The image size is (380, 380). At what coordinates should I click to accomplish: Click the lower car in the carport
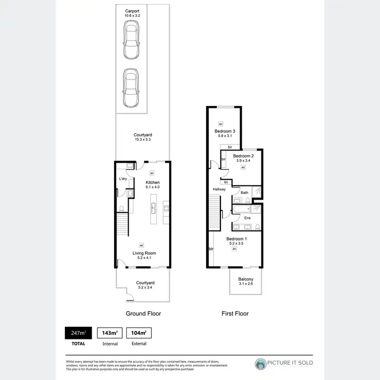(x=131, y=88)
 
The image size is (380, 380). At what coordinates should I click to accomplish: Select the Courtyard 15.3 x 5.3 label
(x=142, y=137)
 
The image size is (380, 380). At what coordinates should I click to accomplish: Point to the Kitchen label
(x=153, y=182)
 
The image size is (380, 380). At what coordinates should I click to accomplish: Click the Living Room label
(x=144, y=253)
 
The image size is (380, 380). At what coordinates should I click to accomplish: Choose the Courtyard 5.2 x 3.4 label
(x=144, y=285)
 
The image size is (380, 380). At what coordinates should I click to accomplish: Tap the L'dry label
(x=123, y=179)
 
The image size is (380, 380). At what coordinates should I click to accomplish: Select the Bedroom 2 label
(x=243, y=156)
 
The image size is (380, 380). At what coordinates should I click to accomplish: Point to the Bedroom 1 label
(x=236, y=239)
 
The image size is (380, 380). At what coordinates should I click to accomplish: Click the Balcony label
(x=246, y=279)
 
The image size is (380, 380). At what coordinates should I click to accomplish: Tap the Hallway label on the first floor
(x=219, y=189)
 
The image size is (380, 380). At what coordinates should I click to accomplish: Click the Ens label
(x=247, y=218)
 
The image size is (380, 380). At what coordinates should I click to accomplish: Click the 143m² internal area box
(x=110, y=333)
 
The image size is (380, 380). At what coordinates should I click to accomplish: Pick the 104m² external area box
(x=139, y=333)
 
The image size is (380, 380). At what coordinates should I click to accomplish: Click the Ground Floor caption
(x=143, y=314)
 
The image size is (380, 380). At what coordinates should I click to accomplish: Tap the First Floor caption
(x=235, y=314)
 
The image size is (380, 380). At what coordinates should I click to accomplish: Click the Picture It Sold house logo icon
(x=261, y=363)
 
